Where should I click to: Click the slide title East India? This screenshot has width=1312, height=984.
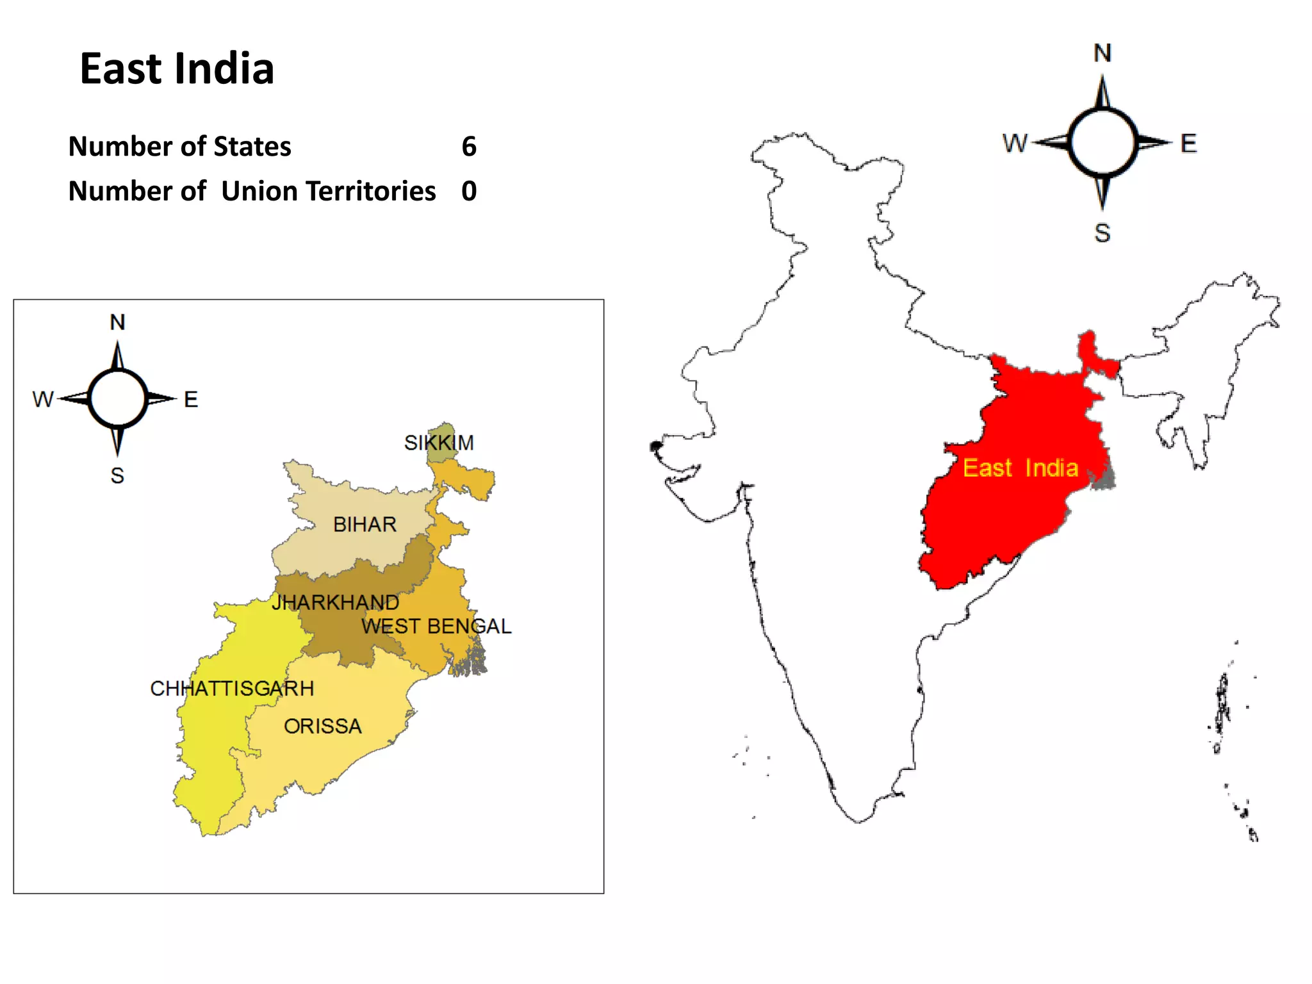click(177, 69)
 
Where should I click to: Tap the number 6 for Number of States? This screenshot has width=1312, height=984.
click(469, 147)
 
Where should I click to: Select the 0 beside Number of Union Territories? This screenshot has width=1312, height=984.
click(469, 191)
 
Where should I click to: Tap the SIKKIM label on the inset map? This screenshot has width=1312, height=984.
click(439, 443)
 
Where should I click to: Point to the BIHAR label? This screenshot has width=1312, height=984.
click(365, 525)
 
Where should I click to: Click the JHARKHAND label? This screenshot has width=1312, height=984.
click(335, 602)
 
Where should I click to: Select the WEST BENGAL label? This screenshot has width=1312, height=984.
click(436, 626)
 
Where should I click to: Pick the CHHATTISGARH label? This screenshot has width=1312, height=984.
click(232, 689)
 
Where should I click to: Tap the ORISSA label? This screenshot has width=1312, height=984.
click(323, 726)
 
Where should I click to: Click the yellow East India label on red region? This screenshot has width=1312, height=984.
click(1021, 468)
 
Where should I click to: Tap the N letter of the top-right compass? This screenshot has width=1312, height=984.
click(1103, 53)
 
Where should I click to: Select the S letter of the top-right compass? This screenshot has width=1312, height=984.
click(1103, 233)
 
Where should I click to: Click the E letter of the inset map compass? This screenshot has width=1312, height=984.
click(191, 400)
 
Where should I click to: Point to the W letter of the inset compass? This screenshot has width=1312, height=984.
click(43, 400)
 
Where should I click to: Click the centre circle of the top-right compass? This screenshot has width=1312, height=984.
click(1103, 142)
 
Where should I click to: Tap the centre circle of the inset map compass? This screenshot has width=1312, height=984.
click(118, 398)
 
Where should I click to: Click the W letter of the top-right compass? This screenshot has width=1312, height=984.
click(1015, 143)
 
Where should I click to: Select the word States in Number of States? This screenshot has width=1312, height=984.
click(252, 147)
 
